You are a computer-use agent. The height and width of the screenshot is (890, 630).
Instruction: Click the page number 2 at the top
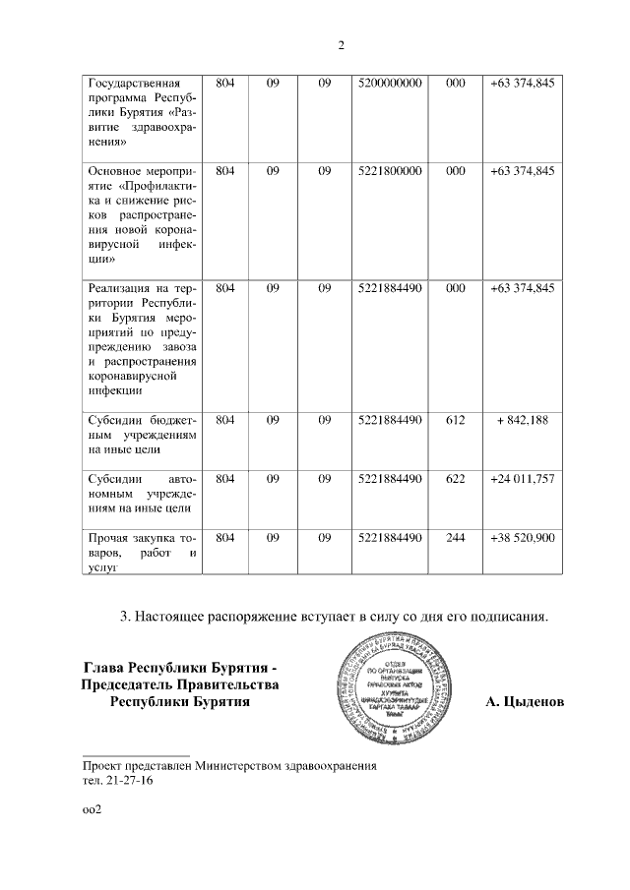tap(341, 45)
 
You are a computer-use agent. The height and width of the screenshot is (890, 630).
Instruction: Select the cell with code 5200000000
tap(391, 84)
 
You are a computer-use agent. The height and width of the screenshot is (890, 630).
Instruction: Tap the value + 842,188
tap(523, 420)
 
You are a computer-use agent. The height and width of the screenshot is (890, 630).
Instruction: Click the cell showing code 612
tap(455, 420)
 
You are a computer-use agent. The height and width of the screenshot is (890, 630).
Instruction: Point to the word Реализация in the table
tap(120, 288)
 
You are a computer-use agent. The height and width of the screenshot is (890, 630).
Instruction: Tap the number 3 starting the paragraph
tap(124, 617)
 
